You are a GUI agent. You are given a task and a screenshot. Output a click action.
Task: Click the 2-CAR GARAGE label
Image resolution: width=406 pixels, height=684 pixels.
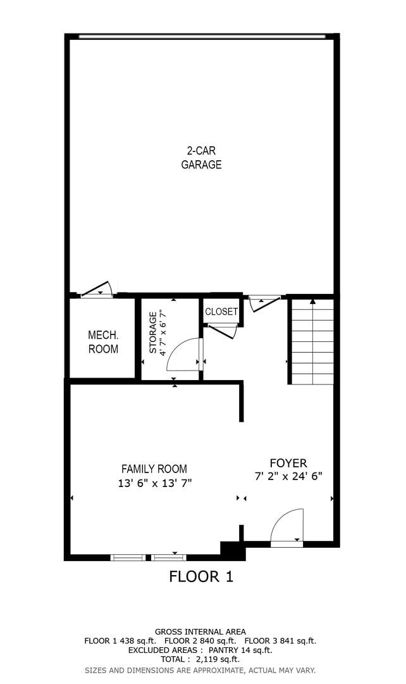tap(201, 158)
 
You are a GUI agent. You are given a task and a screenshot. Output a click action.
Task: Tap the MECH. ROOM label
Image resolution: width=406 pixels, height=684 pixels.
tap(103, 342)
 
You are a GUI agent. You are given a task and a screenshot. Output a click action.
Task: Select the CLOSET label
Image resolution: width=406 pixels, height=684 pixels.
tap(221, 312)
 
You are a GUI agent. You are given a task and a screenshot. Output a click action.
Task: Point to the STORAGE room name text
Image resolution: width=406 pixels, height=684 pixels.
tap(153, 332)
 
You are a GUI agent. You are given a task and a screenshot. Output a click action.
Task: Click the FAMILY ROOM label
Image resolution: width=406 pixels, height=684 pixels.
tap(154, 469)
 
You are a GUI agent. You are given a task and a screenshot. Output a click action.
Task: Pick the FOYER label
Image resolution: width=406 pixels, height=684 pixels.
tap(288, 463)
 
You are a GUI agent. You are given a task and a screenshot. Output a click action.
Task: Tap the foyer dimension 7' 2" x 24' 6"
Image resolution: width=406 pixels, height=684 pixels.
tap(288, 477)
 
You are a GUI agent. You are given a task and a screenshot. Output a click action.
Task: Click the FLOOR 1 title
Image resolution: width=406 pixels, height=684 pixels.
tap(201, 576)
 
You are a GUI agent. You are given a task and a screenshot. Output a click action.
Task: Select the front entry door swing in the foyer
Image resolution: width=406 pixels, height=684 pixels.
tap(287, 526)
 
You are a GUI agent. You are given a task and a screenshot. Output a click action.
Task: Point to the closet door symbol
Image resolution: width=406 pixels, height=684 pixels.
tap(223, 330)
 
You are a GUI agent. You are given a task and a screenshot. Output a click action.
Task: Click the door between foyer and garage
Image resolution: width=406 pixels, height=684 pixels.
tap(264, 302)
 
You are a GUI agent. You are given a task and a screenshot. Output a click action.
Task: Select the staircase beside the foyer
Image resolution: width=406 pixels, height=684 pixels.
tap(312, 343)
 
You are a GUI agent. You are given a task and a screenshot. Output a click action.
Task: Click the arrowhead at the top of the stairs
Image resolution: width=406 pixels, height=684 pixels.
tap(312, 301)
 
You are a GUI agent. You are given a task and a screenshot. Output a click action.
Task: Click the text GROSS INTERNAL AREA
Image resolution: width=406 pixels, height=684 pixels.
tap(200, 631)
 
